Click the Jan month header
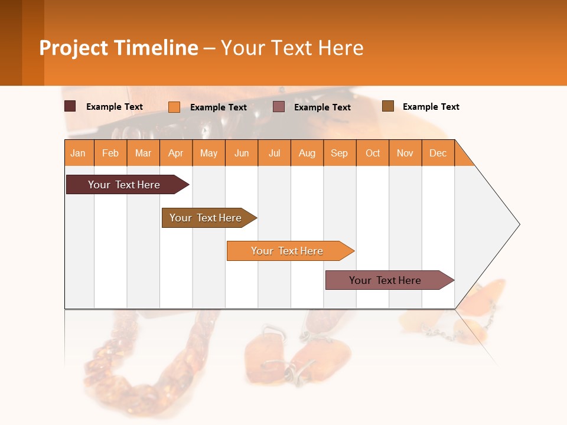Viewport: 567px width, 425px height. coord(78,153)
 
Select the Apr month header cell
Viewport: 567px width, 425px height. coord(175,153)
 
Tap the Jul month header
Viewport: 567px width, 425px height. coord(274,153)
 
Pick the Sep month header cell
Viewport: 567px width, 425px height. coord(339,153)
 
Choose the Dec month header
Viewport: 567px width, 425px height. coord(438,153)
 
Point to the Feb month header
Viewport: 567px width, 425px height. coord(110,153)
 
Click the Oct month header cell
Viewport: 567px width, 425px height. coord(373,153)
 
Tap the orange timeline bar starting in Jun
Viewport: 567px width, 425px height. coord(288,251)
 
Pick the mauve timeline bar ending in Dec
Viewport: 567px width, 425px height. coord(386,280)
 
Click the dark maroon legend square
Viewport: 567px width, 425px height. coord(70,106)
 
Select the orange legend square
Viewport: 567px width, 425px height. coord(174,107)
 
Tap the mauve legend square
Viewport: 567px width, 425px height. coord(279,107)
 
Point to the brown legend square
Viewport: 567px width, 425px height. coord(388,106)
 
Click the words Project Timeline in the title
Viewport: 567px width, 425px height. coord(119,48)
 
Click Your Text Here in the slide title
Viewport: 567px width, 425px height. coord(292,48)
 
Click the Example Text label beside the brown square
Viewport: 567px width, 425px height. coord(431,107)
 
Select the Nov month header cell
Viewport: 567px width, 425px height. coord(405,153)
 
